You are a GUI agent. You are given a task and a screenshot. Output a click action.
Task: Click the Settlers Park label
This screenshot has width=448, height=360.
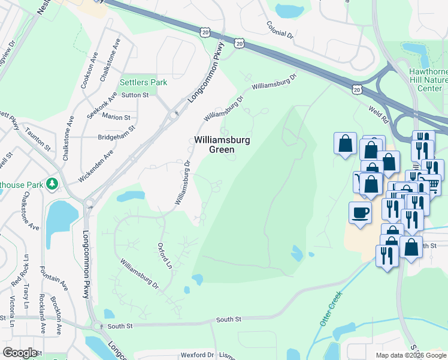point(143,82)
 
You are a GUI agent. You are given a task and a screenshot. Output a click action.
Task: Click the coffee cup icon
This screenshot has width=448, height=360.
point(360,212)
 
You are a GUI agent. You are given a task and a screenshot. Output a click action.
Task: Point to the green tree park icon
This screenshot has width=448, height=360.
point(53,184)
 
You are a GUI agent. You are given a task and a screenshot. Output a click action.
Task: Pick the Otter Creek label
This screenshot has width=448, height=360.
point(330,308)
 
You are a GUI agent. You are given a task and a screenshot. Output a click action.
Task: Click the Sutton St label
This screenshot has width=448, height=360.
point(135,95)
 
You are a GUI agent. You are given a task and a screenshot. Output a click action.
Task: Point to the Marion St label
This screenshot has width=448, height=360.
point(116,116)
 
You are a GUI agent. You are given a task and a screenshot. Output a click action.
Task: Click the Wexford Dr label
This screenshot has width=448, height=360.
point(198,355)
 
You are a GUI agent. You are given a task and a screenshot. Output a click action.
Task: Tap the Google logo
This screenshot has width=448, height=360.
point(20,353)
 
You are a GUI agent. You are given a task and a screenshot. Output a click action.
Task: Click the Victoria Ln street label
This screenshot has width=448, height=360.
point(11,311)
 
